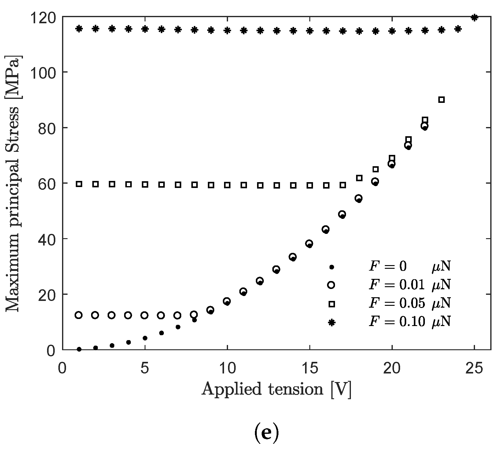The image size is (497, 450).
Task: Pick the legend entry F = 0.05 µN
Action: pyautogui.click(x=410, y=303)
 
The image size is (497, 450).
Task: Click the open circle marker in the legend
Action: pyautogui.click(x=331, y=285)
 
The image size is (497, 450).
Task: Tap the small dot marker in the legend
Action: pyautogui.click(x=331, y=267)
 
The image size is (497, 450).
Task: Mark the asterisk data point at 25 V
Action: pyautogui.click(x=474, y=18)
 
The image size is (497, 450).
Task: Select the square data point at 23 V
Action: pyautogui.click(x=441, y=99)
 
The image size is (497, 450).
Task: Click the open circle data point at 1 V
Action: pyautogui.click(x=79, y=315)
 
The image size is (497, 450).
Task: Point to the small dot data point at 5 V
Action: pyautogui.click(x=145, y=338)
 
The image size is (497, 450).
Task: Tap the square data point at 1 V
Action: pyautogui.click(x=79, y=184)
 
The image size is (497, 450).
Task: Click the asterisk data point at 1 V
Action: pyautogui.click(x=79, y=29)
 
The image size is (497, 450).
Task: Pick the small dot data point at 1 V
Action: pyautogui.click(x=79, y=349)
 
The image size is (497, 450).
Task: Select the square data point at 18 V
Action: pyautogui.click(x=359, y=178)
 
